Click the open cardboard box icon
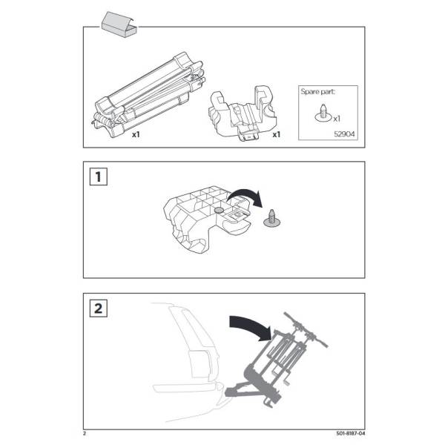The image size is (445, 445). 119,25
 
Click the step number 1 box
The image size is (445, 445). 98,177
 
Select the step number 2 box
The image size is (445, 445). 98,309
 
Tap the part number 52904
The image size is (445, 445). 344,134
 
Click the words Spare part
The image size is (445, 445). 317,92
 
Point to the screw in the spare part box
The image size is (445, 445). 323,113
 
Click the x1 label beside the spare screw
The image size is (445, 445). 337,119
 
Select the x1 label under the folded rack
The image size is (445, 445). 136,134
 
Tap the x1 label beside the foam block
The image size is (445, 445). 276,134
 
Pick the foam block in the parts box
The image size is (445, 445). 243,113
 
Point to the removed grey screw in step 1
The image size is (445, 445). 272,219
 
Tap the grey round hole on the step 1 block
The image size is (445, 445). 219,211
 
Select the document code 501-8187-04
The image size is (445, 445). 351,433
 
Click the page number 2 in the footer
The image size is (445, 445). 85,433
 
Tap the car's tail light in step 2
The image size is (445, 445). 200,364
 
